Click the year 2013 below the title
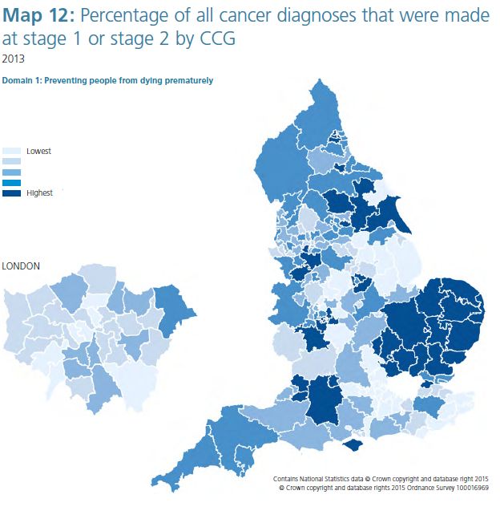14,58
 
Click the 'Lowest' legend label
39,151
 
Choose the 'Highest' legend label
40,193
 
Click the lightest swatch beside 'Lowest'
13,151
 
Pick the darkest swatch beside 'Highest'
13,193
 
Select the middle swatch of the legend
13,172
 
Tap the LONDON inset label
22,266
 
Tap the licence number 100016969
469,487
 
